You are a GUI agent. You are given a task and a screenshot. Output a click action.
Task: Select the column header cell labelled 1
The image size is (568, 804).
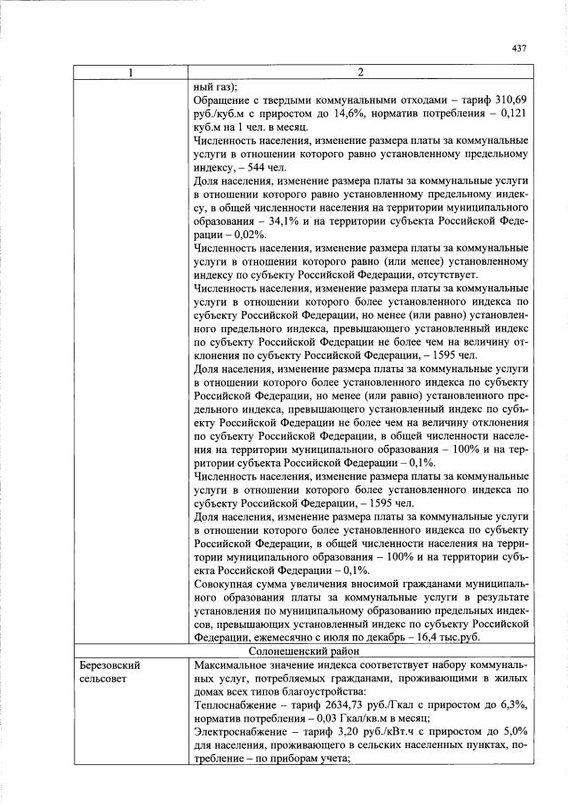pos(130,72)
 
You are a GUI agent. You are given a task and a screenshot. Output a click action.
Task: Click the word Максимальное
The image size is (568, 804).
pos(234,665)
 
